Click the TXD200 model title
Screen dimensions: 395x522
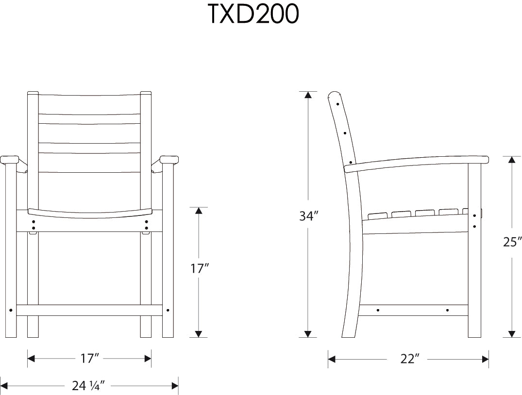pos(253,15)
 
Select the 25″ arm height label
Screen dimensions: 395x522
pos(512,242)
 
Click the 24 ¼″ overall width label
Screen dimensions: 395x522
pos(88,386)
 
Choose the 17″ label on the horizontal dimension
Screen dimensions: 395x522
pos(90,359)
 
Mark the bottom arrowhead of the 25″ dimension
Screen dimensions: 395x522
pos(512,333)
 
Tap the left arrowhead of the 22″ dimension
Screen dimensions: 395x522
pos(332,359)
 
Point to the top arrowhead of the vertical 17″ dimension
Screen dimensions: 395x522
pos(198,211)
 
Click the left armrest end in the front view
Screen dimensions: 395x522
pos(9,159)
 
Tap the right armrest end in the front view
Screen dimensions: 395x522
pos(169,159)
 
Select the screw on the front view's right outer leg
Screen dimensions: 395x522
pos(168,310)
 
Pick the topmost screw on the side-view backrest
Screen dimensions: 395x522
pos(337,103)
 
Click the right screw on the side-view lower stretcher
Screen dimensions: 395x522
pos(447,310)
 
